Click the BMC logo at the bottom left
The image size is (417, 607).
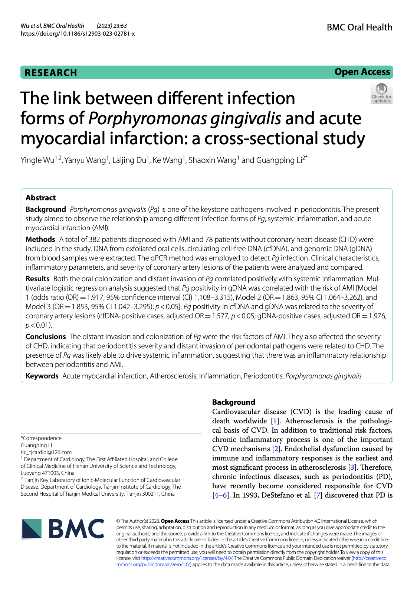coord(63,529)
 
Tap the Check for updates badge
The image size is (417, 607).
coord(381,93)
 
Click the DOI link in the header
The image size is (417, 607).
coord(78,34)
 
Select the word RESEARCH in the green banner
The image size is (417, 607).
coord(51,73)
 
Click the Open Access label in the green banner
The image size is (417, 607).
coord(362,72)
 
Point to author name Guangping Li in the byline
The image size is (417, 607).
coord(279,160)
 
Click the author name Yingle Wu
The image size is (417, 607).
coord(37,160)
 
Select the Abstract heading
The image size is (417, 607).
coord(40,198)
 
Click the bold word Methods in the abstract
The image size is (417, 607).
coord(40,240)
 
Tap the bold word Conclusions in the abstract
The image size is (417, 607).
coord(45,337)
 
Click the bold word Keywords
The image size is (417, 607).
coord(42,376)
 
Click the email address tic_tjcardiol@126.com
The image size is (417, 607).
coord(46,452)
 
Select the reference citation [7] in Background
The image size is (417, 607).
coord(318,495)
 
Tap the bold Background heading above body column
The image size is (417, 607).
coord(233,402)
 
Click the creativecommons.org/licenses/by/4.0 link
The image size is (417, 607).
coord(187,558)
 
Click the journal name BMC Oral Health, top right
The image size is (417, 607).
coord(359,27)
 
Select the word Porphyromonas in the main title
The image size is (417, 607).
coord(147,119)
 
